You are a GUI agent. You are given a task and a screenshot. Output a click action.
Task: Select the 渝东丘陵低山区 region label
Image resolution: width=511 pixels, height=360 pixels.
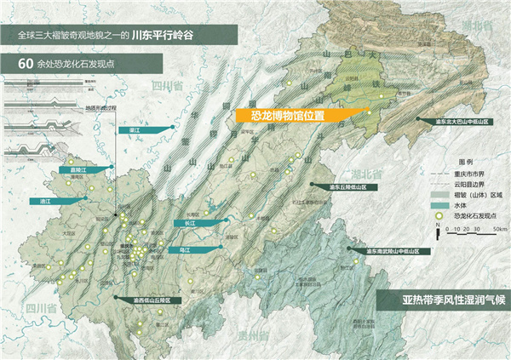[x=340, y=185]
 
